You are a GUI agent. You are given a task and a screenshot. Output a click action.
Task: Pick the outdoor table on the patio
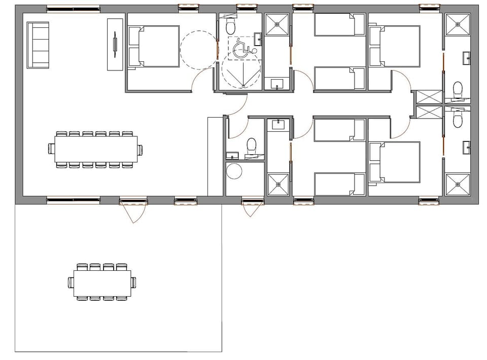(x=102, y=282)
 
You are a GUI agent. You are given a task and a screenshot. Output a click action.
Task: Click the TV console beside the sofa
(x=115, y=45)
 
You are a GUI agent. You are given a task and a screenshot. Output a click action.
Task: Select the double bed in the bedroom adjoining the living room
(x=154, y=47)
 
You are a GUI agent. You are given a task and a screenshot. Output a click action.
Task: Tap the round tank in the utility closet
(x=235, y=171)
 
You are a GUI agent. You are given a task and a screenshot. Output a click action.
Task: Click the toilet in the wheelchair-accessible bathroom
(x=231, y=25)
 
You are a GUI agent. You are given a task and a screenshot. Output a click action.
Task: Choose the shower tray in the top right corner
(x=457, y=24)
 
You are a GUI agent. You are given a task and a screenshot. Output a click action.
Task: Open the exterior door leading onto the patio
(x=133, y=209)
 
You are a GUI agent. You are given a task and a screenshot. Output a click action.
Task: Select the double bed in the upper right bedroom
(x=395, y=47)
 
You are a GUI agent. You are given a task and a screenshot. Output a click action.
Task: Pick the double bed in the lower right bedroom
(x=395, y=162)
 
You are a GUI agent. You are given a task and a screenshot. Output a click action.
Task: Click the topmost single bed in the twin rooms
(x=340, y=24)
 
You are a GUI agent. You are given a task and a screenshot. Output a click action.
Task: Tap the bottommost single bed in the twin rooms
(x=340, y=184)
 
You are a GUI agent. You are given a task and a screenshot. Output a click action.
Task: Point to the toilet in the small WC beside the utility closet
(x=251, y=146)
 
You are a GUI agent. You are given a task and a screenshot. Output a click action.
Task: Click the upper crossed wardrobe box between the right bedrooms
(x=428, y=97)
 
